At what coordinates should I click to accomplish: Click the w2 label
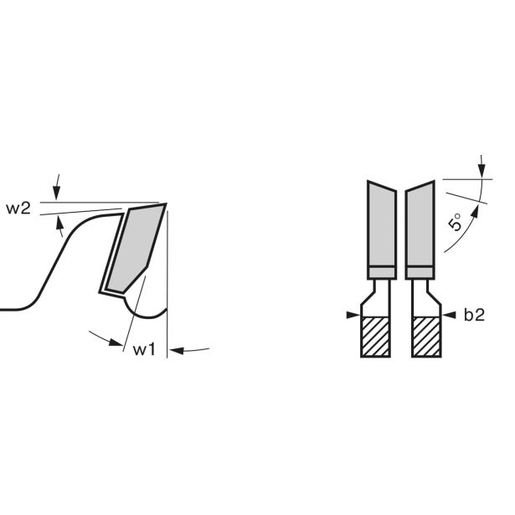coord(18,209)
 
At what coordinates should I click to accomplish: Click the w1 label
coord(144,349)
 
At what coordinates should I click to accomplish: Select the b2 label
coord(474,315)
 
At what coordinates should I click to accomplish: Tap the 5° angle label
coord(455,222)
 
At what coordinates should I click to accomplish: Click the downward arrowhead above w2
coord(56,193)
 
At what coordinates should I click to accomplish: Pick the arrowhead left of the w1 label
coord(116,342)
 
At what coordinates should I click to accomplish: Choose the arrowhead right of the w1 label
coord(177,350)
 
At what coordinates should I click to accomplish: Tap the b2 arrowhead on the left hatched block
coord(353,316)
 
